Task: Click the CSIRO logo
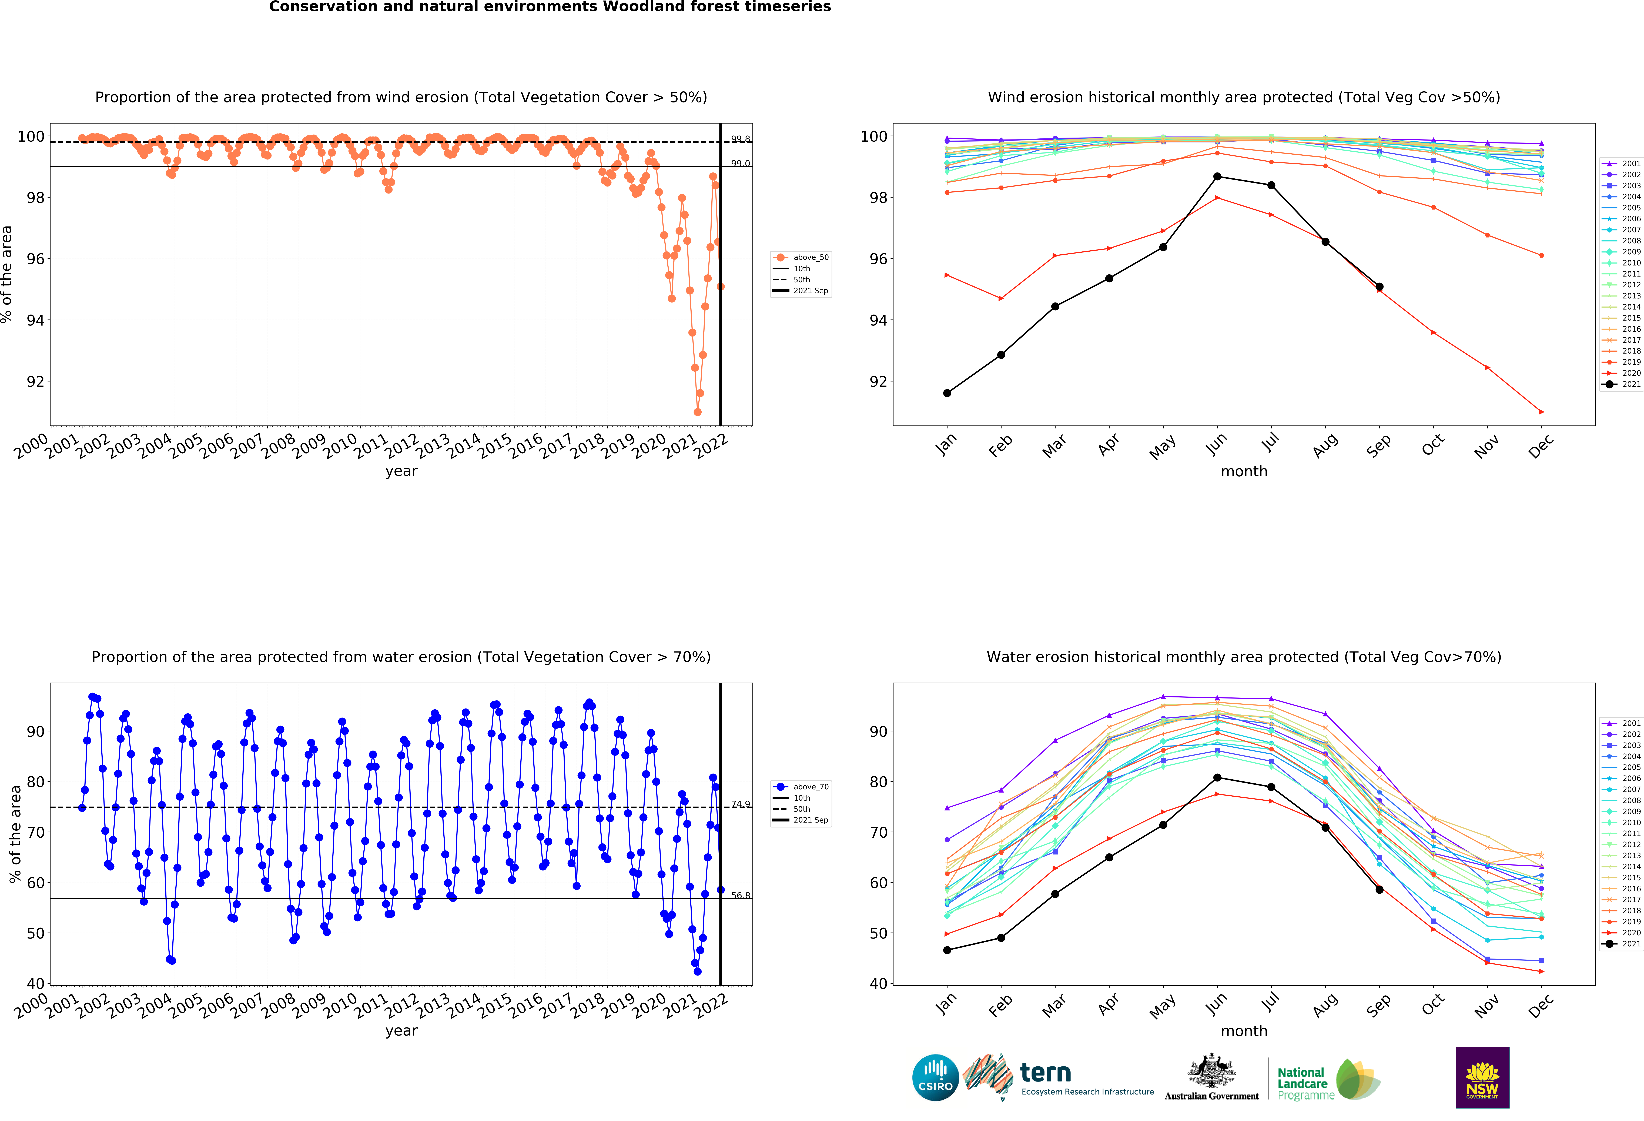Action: [x=935, y=1078]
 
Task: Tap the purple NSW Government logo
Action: [x=1482, y=1077]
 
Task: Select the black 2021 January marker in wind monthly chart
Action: [x=947, y=393]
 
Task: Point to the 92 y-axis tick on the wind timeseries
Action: [x=35, y=381]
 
